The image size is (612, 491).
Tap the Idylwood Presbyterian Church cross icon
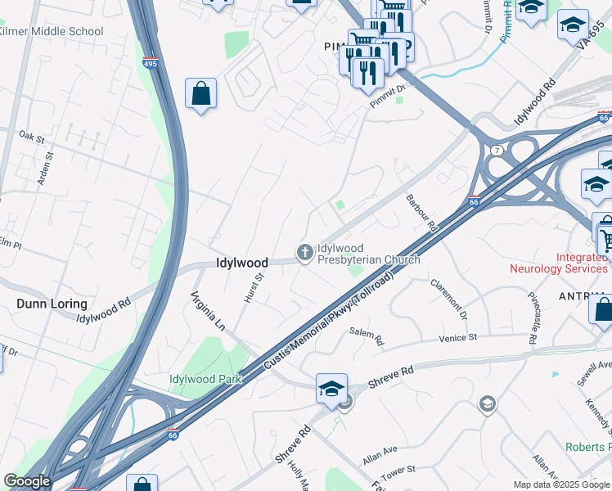click(305, 253)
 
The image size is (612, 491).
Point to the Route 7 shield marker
click(497, 151)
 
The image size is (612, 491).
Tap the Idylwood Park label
click(201, 379)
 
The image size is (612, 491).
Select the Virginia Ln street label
click(207, 310)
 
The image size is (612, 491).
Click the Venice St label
click(457, 337)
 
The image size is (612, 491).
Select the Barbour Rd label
click(422, 212)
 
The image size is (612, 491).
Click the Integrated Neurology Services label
click(560, 263)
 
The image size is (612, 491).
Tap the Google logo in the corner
click(27, 481)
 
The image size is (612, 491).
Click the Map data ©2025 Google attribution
click(561, 484)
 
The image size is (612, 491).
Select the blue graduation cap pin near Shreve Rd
click(331, 390)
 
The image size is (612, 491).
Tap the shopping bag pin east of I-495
click(200, 94)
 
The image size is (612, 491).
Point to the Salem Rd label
click(366, 336)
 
